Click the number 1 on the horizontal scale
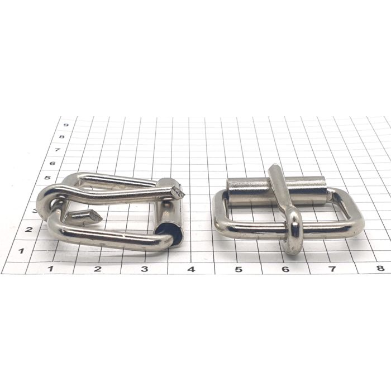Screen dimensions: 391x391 tap(51, 269)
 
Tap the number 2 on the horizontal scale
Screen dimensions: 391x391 tap(98, 269)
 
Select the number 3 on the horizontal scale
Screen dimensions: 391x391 tap(144, 269)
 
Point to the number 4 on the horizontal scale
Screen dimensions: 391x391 tap(191, 269)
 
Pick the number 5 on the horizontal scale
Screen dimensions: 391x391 tap(239, 269)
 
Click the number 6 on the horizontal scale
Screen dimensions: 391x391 tap(285, 269)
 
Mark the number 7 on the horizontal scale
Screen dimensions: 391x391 tap(332, 269)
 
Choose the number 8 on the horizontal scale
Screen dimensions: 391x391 tap(380, 268)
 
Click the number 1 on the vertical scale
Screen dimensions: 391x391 tap(21, 251)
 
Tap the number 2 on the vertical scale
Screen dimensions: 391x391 tap(28, 229)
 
